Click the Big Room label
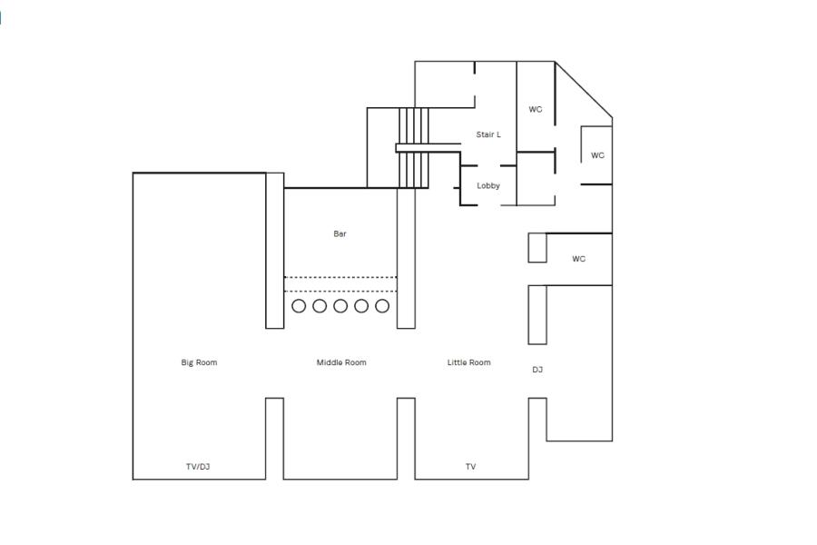199,362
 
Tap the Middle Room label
341,362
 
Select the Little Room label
468,362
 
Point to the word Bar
340,233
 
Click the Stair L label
488,134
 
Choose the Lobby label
488,185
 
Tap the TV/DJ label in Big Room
198,467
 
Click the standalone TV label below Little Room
470,467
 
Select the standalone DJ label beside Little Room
537,370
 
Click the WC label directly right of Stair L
536,110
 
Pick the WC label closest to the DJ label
579,259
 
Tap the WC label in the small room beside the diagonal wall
597,155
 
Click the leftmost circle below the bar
299,306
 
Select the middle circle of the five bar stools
340,306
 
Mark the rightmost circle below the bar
382,306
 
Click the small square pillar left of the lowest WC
537,248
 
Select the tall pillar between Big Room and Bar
274,250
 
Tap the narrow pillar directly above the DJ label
537,314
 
